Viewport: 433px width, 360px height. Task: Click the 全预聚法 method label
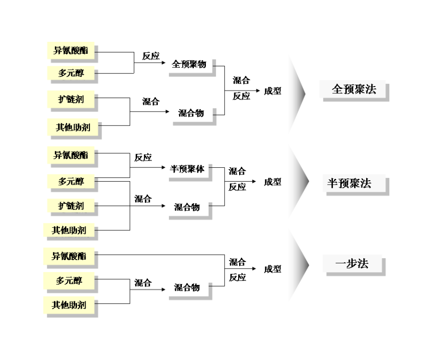pos(354,89)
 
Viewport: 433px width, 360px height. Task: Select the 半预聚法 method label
pos(350,184)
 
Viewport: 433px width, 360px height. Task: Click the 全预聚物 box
pos(189,64)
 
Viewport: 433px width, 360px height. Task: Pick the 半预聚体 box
pos(187,169)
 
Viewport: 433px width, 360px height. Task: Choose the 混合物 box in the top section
pos(191,113)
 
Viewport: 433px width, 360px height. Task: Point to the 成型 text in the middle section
pos(272,182)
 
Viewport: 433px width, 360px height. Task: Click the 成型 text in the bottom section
pos(272,269)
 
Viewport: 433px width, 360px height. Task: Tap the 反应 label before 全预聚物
pos(151,56)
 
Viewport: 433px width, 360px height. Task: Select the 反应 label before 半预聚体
pos(143,158)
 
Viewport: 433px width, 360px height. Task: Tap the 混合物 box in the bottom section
pos(187,288)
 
